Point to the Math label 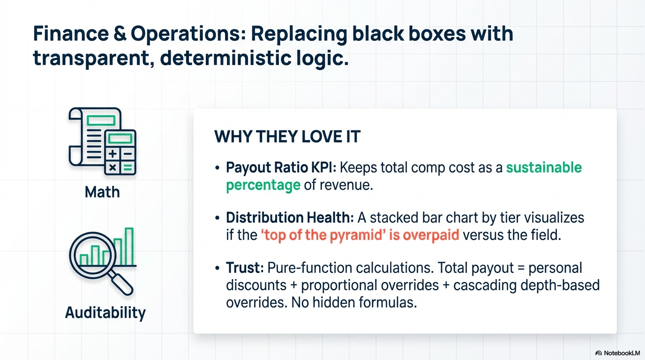coord(102,192)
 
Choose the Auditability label coord(105,312)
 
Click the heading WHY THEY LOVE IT coord(287,137)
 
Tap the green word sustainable coord(544,168)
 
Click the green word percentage coord(263,185)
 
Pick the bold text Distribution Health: coord(290,217)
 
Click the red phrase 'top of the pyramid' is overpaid coord(360,235)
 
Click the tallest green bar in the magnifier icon coord(129,247)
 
